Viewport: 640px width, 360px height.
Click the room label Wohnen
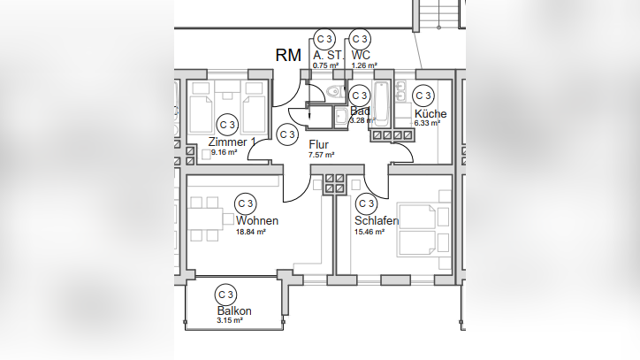257,220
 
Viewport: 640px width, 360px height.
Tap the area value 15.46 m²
370,232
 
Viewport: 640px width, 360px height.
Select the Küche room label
430,113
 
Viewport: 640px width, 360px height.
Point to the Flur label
319,145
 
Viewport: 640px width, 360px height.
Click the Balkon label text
234,310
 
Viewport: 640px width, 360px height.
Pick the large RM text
288,55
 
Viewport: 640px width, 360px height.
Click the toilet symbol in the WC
336,91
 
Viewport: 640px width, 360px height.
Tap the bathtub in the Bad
382,103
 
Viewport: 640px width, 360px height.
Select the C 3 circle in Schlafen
366,203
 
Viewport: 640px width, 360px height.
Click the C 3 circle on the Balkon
225,295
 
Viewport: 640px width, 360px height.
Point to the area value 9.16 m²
224,152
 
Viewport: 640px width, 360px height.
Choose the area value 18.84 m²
251,232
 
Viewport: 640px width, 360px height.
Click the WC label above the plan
361,55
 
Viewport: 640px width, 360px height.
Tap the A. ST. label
329,55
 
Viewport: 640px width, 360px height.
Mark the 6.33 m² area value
427,123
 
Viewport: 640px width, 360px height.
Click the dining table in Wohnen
205,219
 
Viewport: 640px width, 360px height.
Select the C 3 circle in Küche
423,96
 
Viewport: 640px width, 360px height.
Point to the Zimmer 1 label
232,142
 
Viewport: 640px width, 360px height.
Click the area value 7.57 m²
322,155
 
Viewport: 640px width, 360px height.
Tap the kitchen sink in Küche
400,91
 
